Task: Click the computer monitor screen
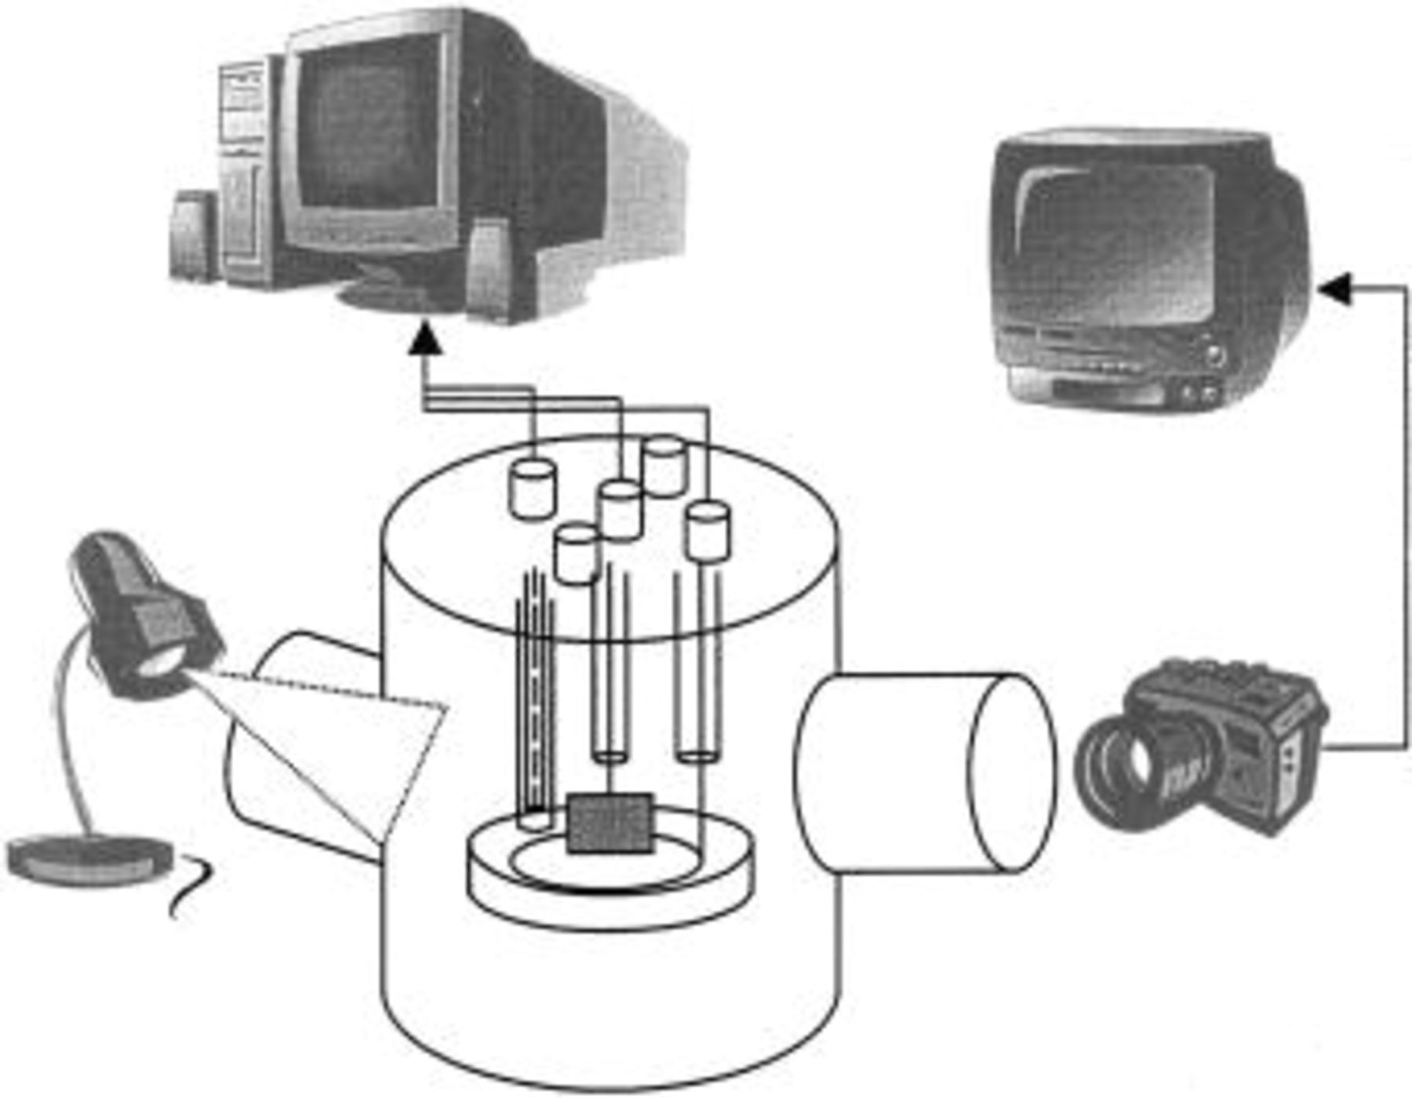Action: tap(369, 129)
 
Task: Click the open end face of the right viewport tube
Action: tap(1012, 773)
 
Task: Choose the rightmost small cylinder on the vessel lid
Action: tap(708, 531)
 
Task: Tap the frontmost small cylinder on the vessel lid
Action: tap(577, 554)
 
